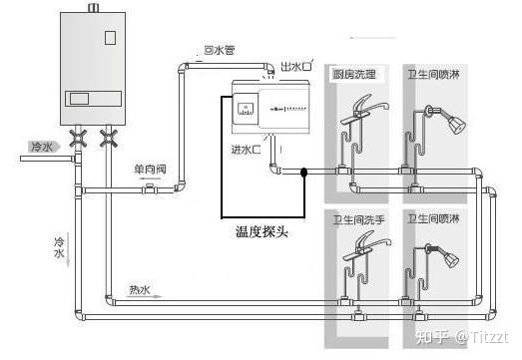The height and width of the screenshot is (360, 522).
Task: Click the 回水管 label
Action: click(218, 49)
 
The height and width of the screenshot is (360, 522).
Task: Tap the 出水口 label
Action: click(296, 66)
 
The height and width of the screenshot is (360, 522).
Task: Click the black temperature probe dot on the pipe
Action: click(304, 174)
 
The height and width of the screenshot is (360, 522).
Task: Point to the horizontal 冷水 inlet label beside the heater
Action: click(41, 147)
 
